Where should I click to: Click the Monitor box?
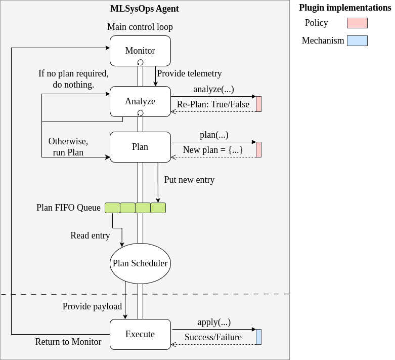coord(140,51)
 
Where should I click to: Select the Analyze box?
coord(140,101)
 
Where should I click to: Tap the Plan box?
coord(140,147)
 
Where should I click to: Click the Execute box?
coord(140,334)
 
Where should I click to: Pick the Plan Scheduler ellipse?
coord(140,263)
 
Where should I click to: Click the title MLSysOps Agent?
coord(145,9)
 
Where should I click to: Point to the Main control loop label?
coord(140,27)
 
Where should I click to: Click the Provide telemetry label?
coord(189,73)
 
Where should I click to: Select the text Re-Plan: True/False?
coord(213,104)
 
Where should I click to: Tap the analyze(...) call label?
coord(213,89)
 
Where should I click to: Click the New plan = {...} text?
coord(213,150)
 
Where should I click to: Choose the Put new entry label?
coord(189,180)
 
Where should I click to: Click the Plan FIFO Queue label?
coord(68,208)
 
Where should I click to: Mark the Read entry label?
coord(90,235)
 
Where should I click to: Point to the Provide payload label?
coord(92,306)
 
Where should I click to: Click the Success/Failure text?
coord(213,337)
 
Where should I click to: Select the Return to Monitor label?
coord(68,342)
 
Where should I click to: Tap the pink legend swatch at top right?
coord(357,23)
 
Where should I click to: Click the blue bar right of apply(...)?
coord(258,337)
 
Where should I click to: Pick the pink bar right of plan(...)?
coord(258,149)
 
